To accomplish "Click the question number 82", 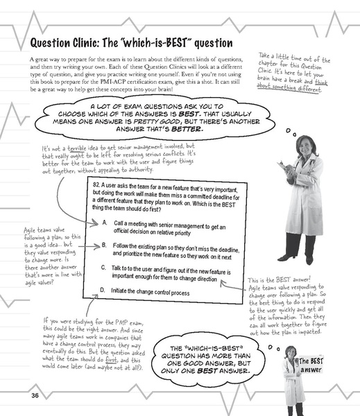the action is point(96,188).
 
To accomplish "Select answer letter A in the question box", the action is point(104,223).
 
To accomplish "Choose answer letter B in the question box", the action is point(104,245).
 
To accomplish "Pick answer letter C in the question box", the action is point(104,268).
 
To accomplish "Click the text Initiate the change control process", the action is point(155,291).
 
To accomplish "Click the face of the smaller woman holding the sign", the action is point(291,353).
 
